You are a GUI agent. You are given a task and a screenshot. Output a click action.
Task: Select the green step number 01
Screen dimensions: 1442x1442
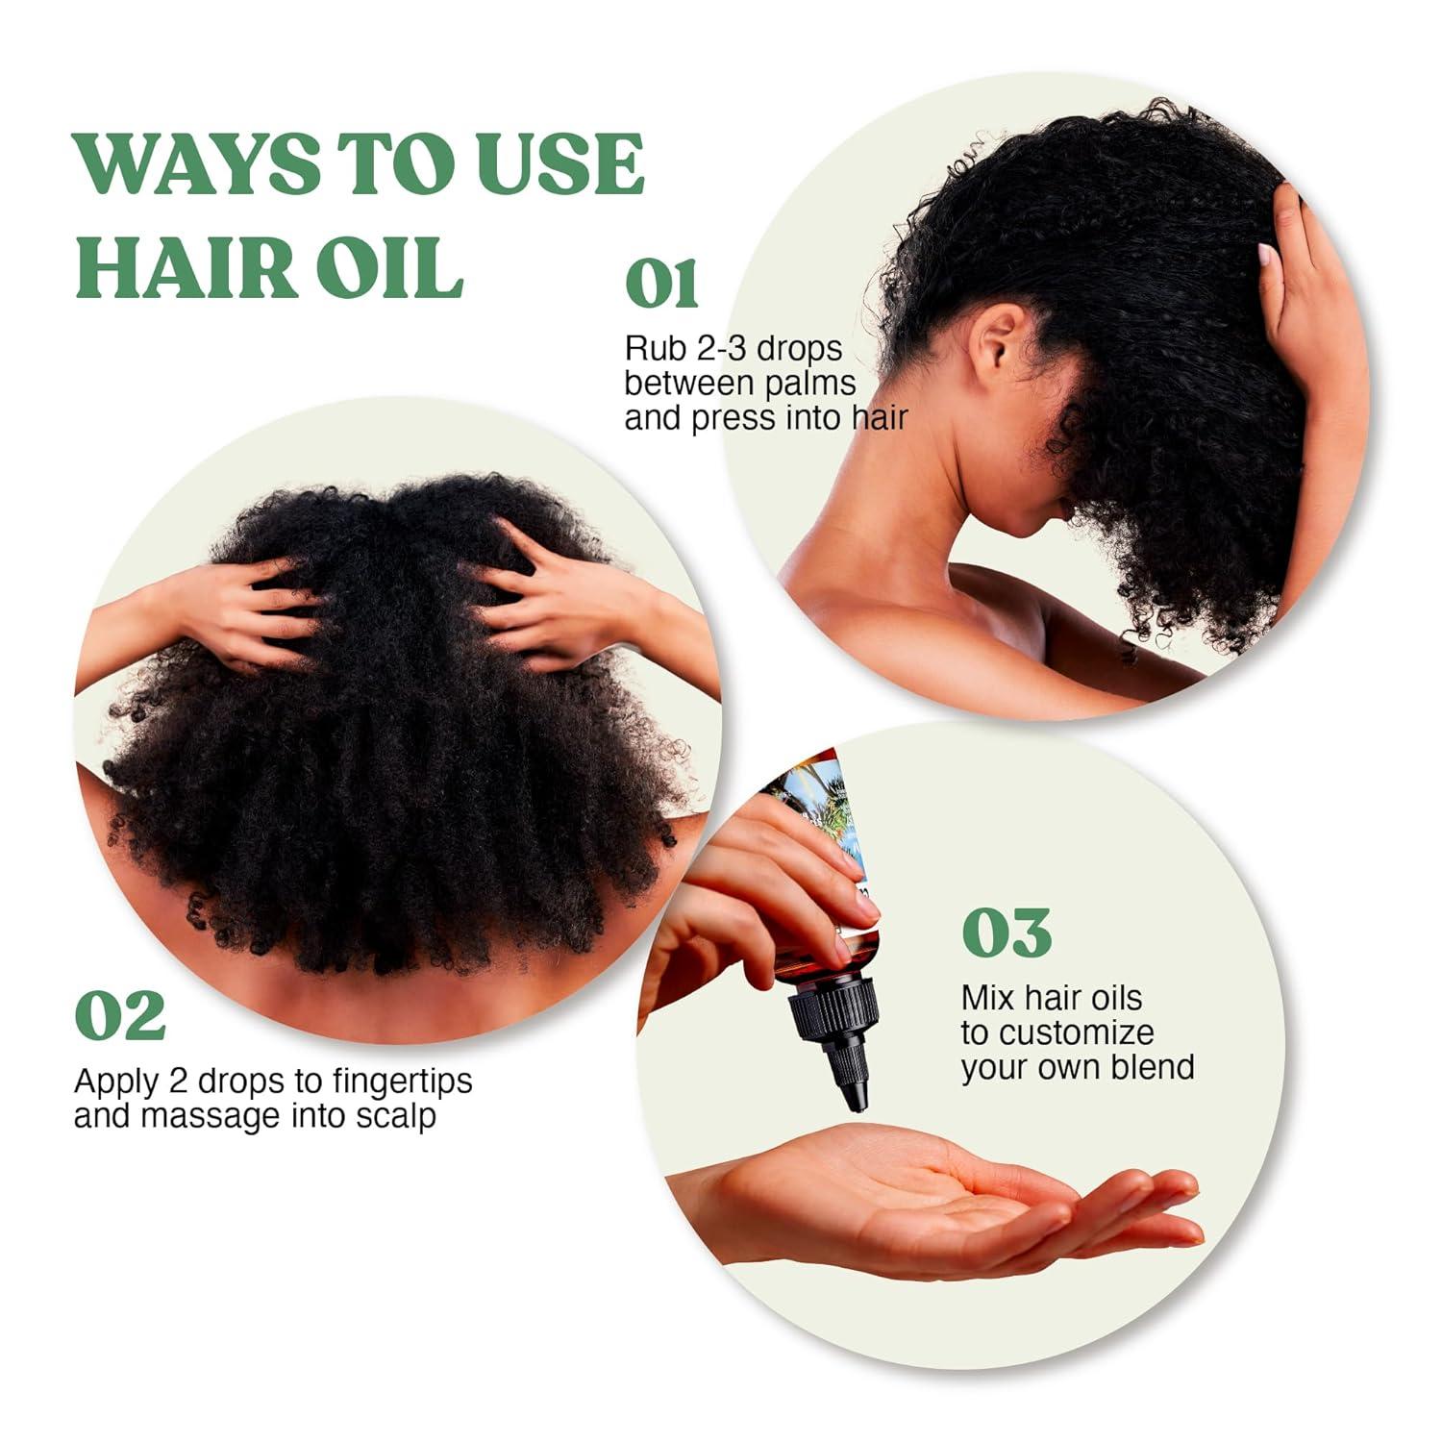tap(661, 284)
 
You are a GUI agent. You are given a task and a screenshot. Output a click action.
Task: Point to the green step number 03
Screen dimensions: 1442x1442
tap(1007, 932)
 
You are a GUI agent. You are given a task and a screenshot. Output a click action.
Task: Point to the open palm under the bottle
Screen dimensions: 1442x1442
tap(923, 1197)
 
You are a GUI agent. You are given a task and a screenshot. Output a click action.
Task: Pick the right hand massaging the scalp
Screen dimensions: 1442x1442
tap(538, 606)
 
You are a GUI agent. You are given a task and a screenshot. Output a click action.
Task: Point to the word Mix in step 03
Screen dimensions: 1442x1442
tap(988, 998)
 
